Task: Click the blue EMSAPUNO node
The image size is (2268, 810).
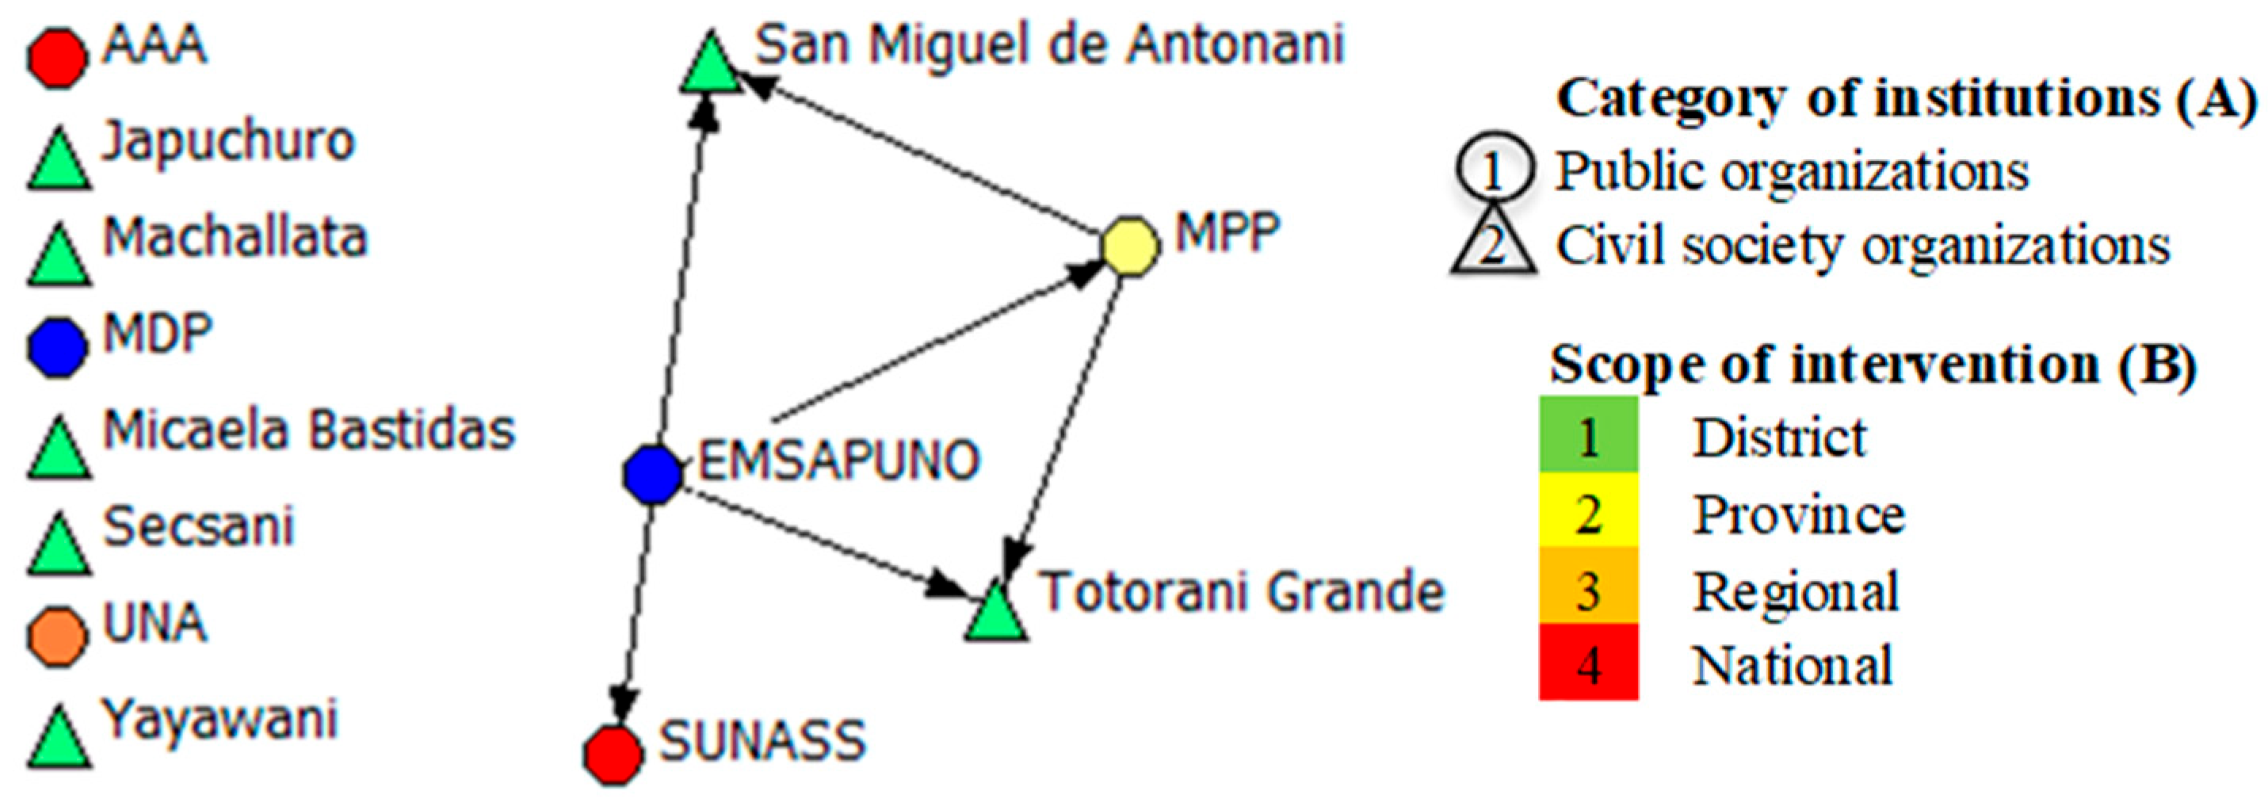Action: coord(652,474)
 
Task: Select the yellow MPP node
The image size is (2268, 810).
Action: coord(1131,246)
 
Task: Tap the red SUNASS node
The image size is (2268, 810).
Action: coord(613,755)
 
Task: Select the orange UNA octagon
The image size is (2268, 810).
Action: coord(57,636)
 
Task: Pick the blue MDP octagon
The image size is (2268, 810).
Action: coord(57,347)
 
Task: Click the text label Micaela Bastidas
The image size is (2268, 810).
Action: coord(309,430)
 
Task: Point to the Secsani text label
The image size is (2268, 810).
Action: coord(198,526)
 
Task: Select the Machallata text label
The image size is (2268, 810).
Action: coord(235,238)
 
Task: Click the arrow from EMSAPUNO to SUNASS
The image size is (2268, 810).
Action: coord(636,617)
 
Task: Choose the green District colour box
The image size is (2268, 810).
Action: coord(1588,435)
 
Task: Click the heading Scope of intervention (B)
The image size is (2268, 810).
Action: coord(1873,363)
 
